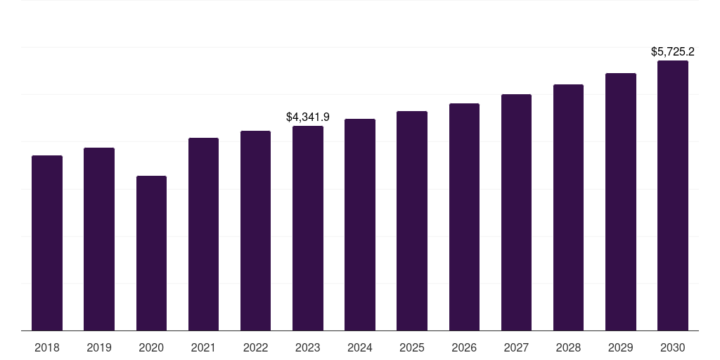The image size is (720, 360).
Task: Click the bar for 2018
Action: click(x=47, y=243)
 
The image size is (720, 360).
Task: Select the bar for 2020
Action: click(x=151, y=253)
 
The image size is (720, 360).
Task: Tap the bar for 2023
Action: click(x=308, y=228)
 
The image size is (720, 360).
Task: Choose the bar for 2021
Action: click(x=203, y=234)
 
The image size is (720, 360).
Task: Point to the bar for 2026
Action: click(x=464, y=217)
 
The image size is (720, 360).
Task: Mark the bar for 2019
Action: click(x=99, y=239)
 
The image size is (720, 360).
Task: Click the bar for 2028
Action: click(x=568, y=207)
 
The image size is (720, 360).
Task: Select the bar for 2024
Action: click(x=360, y=224)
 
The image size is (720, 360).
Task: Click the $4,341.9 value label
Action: click(x=308, y=117)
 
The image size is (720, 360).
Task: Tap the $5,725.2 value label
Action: click(x=673, y=51)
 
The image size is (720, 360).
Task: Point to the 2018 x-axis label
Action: click(x=47, y=347)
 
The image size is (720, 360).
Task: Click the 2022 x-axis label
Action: click(x=256, y=347)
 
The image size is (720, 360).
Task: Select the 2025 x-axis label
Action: click(x=412, y=347)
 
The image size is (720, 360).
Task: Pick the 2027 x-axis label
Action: click(x=516, y=347)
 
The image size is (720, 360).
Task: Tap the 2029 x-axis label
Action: click(x=621, y=347)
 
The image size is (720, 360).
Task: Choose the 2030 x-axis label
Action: click(x=673, y=347)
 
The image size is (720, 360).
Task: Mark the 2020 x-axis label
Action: click(x=151, y=347)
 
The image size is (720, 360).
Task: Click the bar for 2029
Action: click(x=621, y=202)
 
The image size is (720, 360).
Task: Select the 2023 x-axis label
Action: click(x=308, y=347)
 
